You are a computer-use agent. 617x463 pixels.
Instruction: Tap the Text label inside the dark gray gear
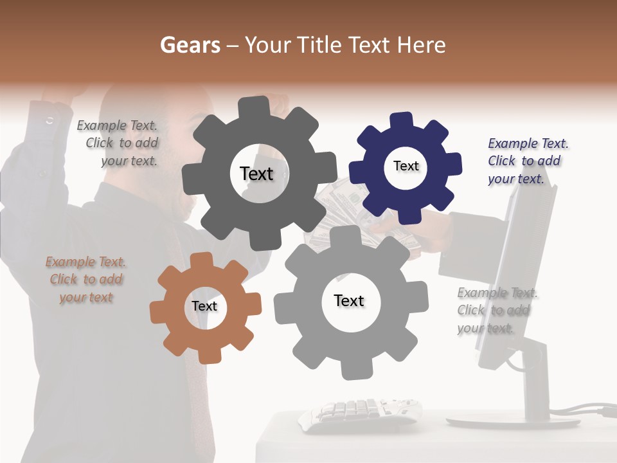point(256,174)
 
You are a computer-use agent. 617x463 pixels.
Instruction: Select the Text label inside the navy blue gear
point(406,166)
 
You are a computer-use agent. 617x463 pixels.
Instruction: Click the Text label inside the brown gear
point(204,307)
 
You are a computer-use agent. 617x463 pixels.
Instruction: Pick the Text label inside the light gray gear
point(349,301)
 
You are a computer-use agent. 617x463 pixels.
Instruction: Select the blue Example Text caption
point(527,161)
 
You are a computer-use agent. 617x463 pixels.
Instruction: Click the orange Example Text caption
point(85,280)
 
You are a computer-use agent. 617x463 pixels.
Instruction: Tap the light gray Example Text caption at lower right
point(496,311)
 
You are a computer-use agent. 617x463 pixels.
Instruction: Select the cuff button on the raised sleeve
point(50,120)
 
